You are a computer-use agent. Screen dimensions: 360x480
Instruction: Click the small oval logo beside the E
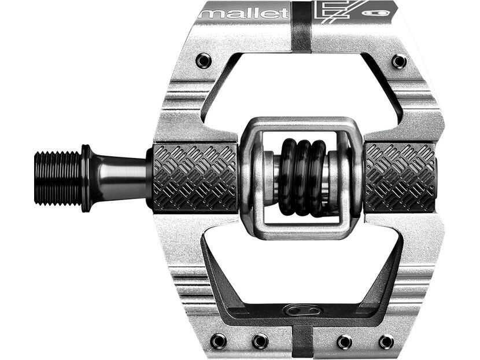382,12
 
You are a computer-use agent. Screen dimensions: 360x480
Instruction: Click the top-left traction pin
203,60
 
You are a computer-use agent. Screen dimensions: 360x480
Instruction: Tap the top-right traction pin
398,60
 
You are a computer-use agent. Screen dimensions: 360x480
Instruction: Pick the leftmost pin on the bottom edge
219,341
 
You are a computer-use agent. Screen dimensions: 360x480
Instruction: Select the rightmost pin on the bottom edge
386,341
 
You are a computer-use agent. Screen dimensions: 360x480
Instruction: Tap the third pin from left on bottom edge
344,341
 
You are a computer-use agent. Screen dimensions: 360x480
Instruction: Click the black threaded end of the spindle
57,178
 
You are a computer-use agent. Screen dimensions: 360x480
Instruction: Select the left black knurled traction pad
195,177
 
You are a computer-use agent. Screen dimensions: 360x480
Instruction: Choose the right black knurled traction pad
400,177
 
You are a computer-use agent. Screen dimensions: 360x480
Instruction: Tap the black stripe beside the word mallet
301,26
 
